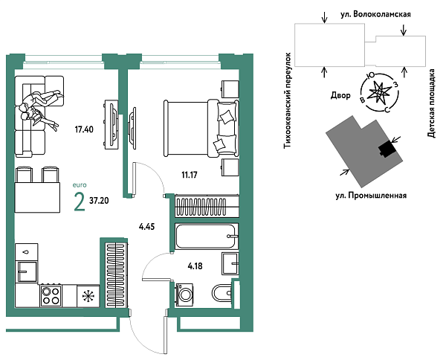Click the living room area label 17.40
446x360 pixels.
coord(84,129)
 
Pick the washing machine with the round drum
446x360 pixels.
coord(184,294)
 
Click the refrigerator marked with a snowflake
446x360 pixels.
coord(88,296)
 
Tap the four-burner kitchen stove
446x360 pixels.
coord(50,296)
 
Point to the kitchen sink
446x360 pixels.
coord(28,267)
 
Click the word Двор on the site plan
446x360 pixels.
coord(341,95)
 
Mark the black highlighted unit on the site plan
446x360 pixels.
coord(385,149)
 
